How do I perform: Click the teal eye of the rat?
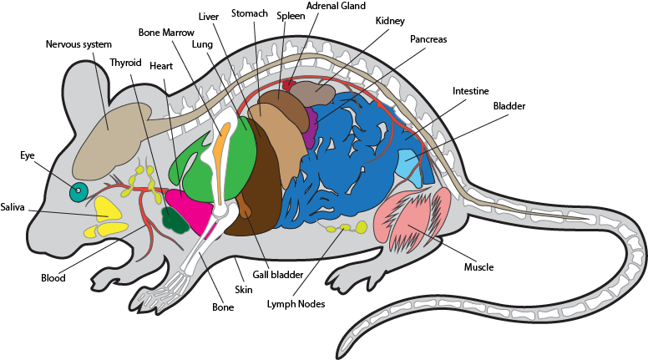(78, 192)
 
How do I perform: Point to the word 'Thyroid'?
(125, 62)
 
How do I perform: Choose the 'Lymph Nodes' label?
(296, 304)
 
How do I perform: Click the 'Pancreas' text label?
(428, 39)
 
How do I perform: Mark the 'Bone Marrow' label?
(165, 33)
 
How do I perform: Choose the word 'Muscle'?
(479, 267)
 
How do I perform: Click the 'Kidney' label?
(390, 20)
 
